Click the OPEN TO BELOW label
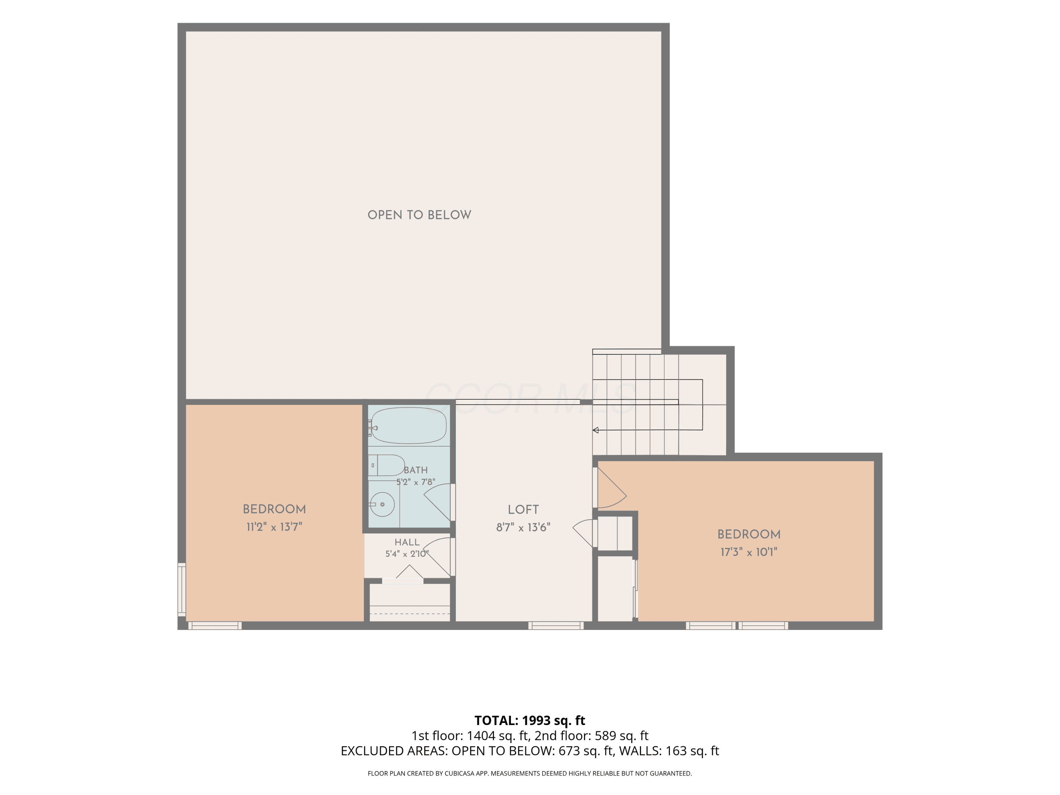(x=419, y=215)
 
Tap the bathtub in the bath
(x=409, y=425)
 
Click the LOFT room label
(x=523, y=510)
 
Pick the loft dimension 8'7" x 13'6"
(x=523, y=528)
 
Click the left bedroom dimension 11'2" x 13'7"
(x=274, y=527)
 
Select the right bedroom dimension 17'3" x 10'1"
(x=748, y=552)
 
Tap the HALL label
(x=407, y=542)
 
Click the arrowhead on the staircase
(x=596, y=430)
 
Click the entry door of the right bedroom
(x=609, y=487)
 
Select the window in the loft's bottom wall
(x=556, y=625)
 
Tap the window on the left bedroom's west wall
(x=182, y=589)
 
